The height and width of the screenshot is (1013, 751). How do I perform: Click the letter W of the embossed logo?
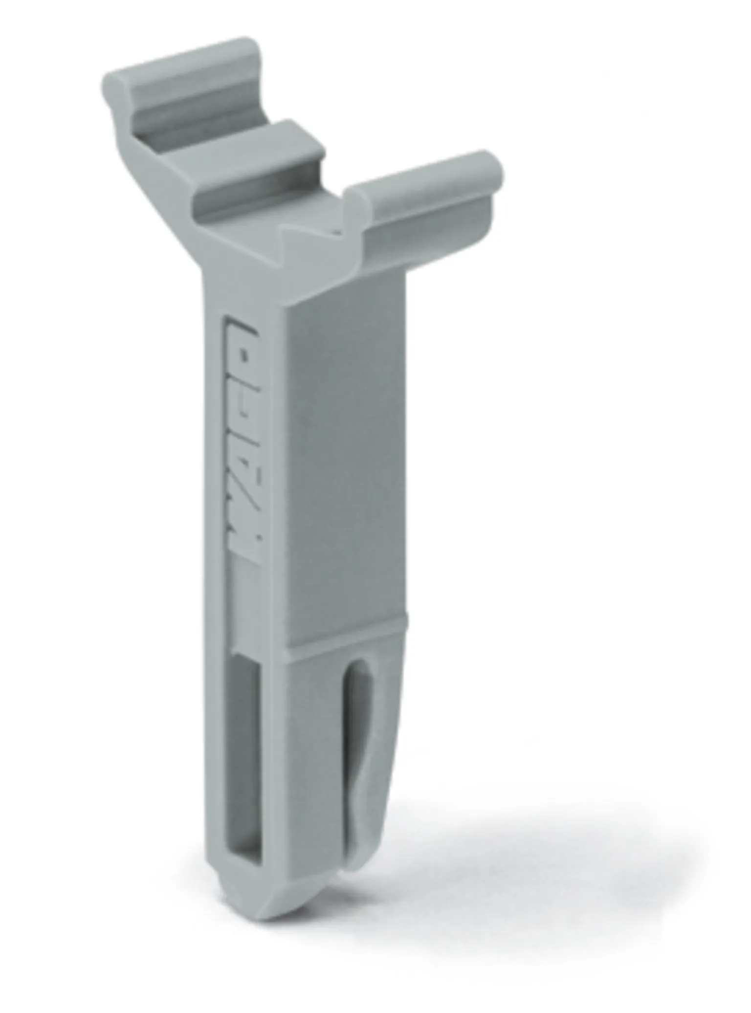tap(246, 540)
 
